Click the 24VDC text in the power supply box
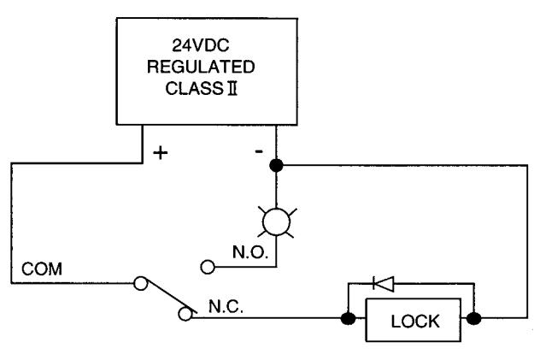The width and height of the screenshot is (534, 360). (200, 45)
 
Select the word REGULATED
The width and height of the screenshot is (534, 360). (201, 67)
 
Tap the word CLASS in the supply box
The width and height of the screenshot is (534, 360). (194, 88)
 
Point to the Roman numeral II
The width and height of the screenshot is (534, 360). (232, 88)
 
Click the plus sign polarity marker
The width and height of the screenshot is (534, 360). (161, 153)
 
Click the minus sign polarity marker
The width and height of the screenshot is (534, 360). (259, 150)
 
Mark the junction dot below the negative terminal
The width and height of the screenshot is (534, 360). (276, 165)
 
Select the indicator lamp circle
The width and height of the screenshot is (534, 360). (277, 222)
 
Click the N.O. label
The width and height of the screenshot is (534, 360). (250, 252)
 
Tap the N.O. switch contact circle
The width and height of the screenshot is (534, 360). (208, 267)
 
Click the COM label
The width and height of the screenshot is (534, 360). (42, 269)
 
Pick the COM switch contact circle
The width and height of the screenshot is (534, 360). (140, 283)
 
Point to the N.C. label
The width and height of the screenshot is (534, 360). (226, 306)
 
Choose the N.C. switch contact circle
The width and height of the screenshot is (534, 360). (185, 314)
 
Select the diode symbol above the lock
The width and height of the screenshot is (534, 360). (384, 283)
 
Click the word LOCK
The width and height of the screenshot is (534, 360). (415, 322)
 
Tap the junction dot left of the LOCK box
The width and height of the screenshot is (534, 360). (348, 319)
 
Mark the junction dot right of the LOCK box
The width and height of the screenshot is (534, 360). (473, 319)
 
